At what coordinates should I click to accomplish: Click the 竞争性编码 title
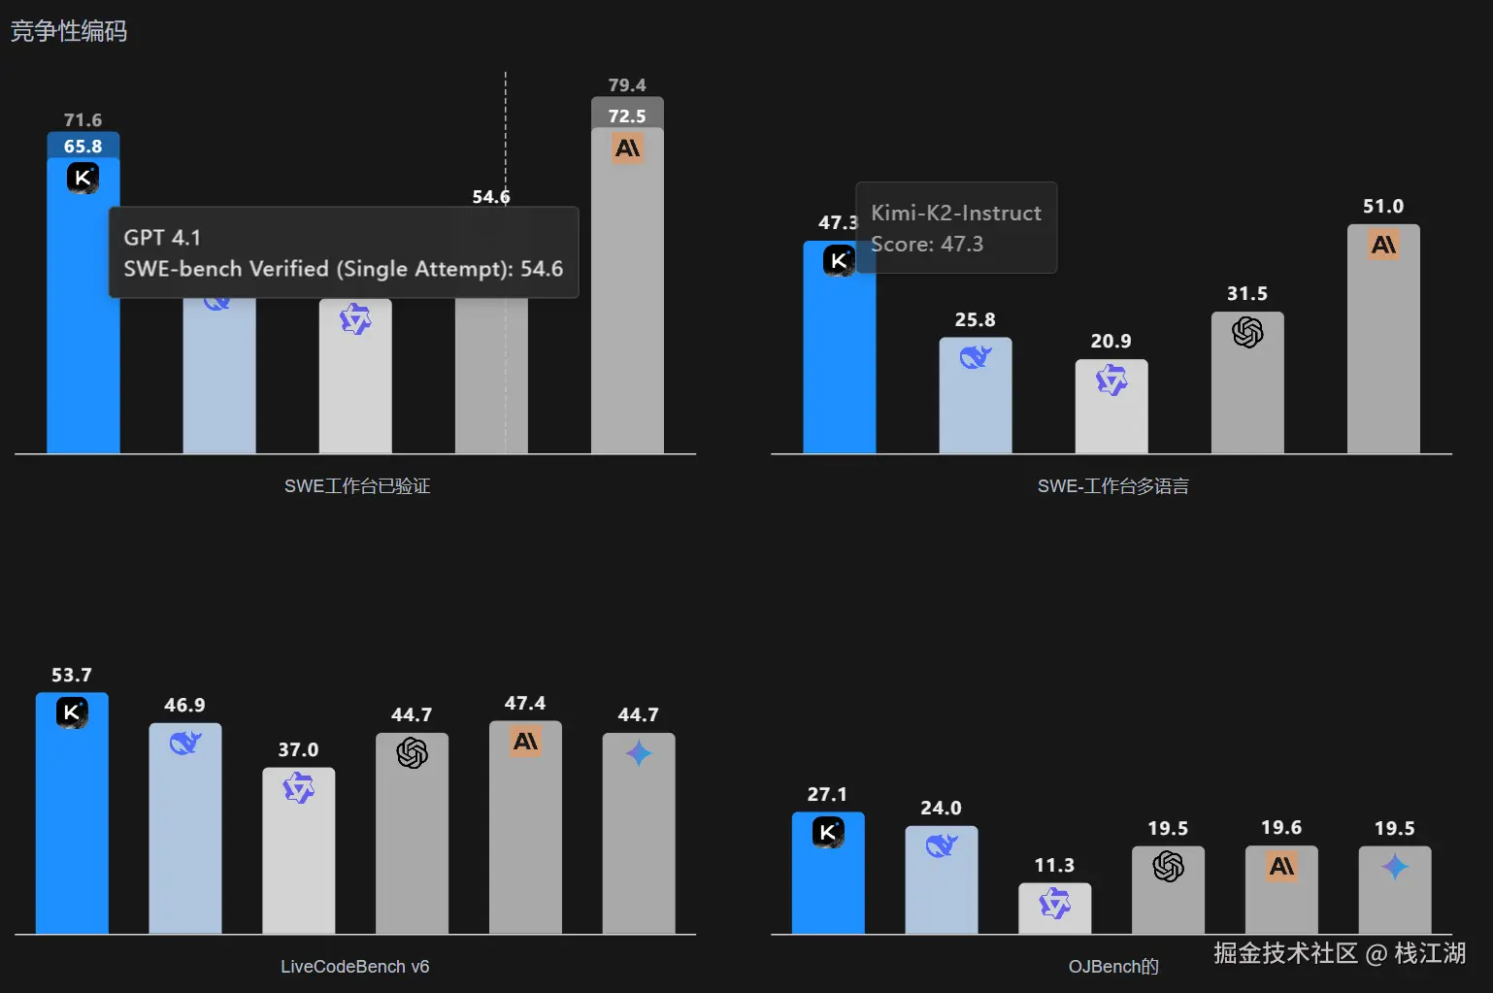pyautogui.click(x=68, y=31)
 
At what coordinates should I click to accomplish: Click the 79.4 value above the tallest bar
pyautogui.click(x=627, y=85)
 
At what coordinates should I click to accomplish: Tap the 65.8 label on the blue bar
pyautogui.click(x=83, y=147)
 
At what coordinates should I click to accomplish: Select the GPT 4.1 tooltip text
pyautogui.click(x=162, y=238)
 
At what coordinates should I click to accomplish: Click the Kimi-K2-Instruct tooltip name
pyautogui.click(x=955, y=213)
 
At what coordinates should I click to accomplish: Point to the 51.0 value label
pyautogui.click(x=1382, y=206)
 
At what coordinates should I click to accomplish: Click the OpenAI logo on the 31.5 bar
pyautogui.click(x=1247, y=333)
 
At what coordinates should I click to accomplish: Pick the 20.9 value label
pyautogui.click(x=1111, y=341)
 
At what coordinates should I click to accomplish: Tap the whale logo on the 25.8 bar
pyautogui.click(x=975, y=357)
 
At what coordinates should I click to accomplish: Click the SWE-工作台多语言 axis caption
pyautogui.click(x=1112, y=486)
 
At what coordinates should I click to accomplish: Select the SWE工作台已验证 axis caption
pyautogui.click(x=356, y=486)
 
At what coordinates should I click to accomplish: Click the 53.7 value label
pyautogui.click(x=72, y=675)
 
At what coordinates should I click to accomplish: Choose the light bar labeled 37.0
pyautogui.click(x=298, y=854)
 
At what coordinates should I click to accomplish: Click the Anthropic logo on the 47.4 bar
pyautogui.click(x=525, y=743)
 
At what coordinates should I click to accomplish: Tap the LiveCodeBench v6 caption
pyautogui.click(x=354, y=967)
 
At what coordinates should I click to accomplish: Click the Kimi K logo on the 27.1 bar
pyautogui.click(x=828, y=832)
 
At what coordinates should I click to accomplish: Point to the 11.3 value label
pyautogui.click(x=1054, y=865)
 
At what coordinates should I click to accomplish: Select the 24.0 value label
pyautogui.click(x=941, y=808)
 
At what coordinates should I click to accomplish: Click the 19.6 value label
pyautogui.click(x=1281, y=827)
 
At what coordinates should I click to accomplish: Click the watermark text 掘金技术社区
pyautogui.click(x=1285, y=953)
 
